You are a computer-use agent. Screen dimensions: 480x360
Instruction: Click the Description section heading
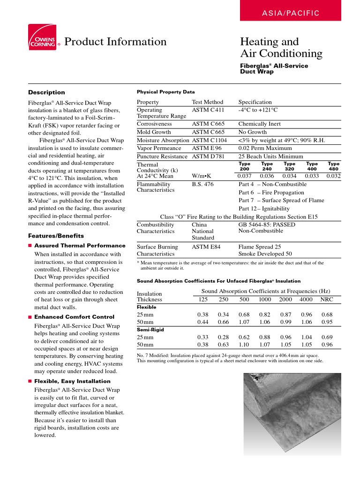pyautogui.click(x=46, y=92)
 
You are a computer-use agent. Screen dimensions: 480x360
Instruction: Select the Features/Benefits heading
pyautogui.click(x=56, y=236)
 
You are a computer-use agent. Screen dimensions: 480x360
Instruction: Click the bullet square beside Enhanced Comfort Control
pyautogui.click(x=30, y=317)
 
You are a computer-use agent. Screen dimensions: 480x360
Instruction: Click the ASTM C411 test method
pyautogui.click(x=208, y=110)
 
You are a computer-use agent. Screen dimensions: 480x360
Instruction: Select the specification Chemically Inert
pyautogui.click(x=259, y=124)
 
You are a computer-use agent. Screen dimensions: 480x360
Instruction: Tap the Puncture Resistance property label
pyautogui.click(x=162, y=156)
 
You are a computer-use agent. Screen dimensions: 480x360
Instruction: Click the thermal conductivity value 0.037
pyautogui.click(x=245, y=176)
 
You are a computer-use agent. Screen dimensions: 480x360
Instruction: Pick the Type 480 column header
pyautogui.click(x=334, y=166)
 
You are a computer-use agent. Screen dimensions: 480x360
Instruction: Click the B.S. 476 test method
pyautogui.click(x=203, y=185)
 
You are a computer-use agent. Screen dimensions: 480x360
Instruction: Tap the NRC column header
pyautogui.click(x=327, y=300)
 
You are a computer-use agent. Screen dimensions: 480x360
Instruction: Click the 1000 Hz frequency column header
pyautogui.click(x=265, y=300)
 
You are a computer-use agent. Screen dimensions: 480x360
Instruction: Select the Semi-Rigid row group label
pyautogui.click(x=147, y=330)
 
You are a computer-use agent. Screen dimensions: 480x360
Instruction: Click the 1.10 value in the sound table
pyautogui.click(x=244, y=344)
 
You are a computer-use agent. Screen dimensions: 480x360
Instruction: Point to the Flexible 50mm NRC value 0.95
pyautogui.click(x=327, y=322)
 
